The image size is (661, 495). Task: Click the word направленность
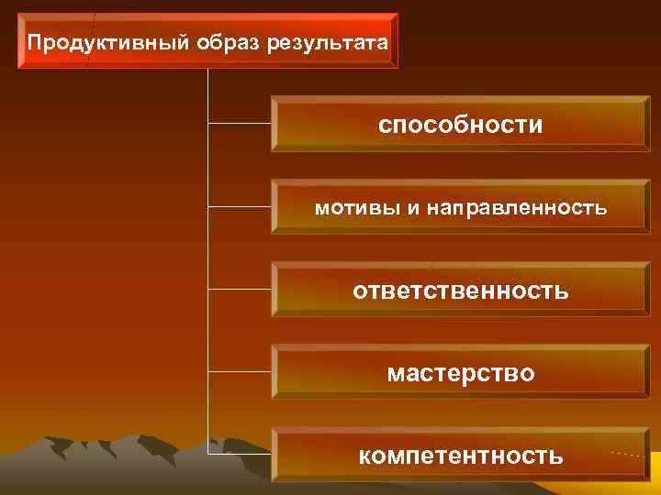click(515, 208)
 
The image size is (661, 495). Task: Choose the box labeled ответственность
click(460, 291)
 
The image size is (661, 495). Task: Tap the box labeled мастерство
click(460, 374)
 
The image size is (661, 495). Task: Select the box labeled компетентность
click(460, 455)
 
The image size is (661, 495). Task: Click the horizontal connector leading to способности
click(241, 121)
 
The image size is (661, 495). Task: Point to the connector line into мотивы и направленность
click(241, 204)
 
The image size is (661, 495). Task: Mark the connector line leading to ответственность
click(241, 288)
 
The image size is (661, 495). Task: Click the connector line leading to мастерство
click(241, 371)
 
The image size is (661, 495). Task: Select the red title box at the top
click(208, 42)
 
